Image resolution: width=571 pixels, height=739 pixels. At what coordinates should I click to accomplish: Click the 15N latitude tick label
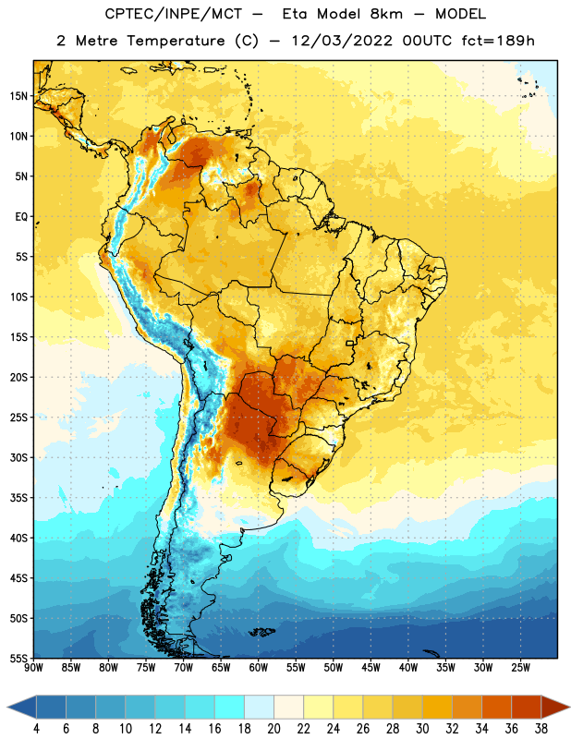pyautogui.click(x=18, y=96)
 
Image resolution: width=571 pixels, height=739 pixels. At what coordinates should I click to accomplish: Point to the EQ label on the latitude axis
pyautogui.click(x=21, y=217)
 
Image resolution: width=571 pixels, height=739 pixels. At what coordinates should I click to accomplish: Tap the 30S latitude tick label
pyautogui.click(x=18, y=457)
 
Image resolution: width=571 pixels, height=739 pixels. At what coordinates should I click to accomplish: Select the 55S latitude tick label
pyautogui.click(x=18, y=658)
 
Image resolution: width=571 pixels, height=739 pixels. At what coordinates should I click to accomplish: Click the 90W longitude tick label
pyautogui.click(x=33, y=668)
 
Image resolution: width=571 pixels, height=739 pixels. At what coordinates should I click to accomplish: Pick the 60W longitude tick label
pyautogui.click(x=259, y=668)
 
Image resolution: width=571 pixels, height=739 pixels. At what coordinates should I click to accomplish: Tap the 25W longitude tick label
pyautogui.click(x=520, y=668)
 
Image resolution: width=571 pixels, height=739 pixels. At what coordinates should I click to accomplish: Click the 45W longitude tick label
pyautogui.click(x=371, y=668)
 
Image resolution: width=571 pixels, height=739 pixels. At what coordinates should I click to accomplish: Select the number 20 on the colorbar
pyautogui.click(x=273, y=729)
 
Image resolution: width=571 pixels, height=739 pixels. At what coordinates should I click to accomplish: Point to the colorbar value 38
pyautogui.click(x=541, y=729)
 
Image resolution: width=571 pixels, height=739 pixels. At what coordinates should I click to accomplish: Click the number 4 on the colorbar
pyautogui.click(x=36, y=729)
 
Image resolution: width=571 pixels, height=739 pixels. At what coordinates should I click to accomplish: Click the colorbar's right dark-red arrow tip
pyautogui.click(x=569, y=707)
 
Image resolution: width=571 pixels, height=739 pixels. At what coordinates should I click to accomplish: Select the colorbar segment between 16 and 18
pyautogui.click(x=229, y=707)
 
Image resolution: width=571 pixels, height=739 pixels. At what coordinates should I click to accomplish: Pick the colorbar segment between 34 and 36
pyautogui.click(x=496, y=707)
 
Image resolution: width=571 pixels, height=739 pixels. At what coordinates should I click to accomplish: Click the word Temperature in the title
pyautogui.click(x=176, y=41)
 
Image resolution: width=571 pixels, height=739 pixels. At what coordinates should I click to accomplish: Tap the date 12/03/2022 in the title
pyautogui.click(x=341, y=41)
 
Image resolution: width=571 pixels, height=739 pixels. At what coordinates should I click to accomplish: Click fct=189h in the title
pyautogui.click(x=498, y=41)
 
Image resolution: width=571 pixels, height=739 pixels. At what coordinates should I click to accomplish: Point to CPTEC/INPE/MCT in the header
pyautogui.click(x=174, y=14)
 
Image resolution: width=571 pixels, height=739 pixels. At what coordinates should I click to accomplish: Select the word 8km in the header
pyautogui.click(x=386, y=14)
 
